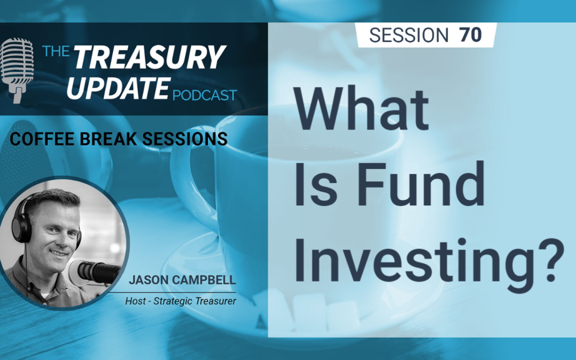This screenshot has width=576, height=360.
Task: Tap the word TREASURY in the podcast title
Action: (149, 57)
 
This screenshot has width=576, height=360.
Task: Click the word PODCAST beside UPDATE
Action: (205, 95)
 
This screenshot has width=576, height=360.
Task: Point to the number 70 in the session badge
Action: (470, 35)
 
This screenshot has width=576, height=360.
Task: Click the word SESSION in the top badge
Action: (409, 35)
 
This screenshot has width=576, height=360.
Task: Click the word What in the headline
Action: (362, 108)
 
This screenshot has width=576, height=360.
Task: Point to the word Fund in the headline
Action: (421, 183)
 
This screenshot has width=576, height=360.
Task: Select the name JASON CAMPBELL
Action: (182, 280)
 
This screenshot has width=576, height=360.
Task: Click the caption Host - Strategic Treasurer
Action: (181, 301)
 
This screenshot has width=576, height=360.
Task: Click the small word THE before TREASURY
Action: (56, 51)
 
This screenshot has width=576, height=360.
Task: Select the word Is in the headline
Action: (316, 183)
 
